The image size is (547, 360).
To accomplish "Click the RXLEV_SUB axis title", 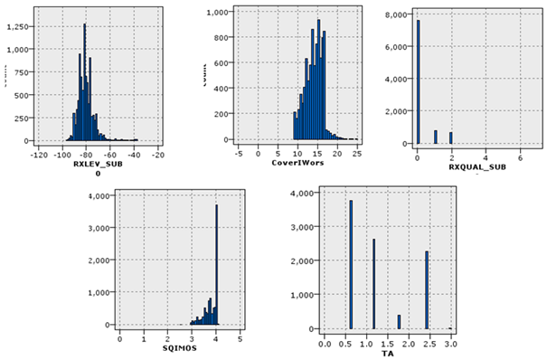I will (x=93, y=164).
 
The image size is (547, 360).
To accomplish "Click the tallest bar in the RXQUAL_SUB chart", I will (x=419, y=81).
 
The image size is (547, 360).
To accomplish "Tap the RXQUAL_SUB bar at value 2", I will (x=450, y=137).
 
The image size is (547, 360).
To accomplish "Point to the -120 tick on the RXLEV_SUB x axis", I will (x=39, y=155).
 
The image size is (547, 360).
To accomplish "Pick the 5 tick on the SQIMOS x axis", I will (x=240, y=339).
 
